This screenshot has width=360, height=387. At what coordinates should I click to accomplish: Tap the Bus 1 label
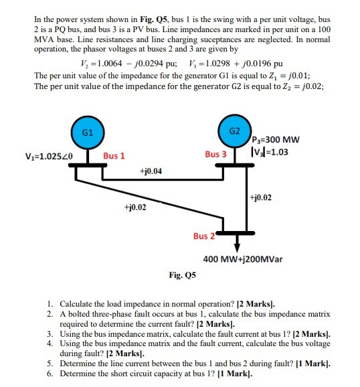click(x=114, y=156)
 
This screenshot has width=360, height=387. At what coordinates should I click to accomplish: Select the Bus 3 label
click(x=216, y=154)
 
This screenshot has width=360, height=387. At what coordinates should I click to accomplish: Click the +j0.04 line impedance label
click(x=150, y=172)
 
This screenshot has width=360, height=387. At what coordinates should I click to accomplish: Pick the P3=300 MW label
click(x=276, y=139)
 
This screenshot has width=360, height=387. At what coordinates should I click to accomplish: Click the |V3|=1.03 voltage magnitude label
click(x=274, y=152)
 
